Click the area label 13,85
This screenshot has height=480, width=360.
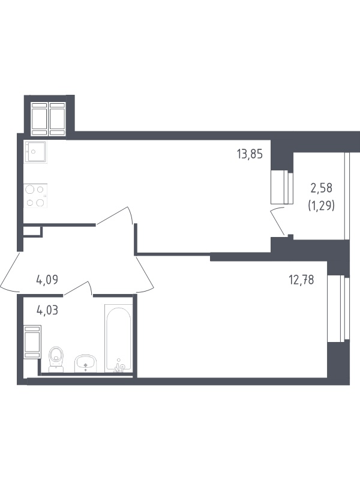tap(250, 154)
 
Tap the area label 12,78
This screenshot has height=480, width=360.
tap(301, 280)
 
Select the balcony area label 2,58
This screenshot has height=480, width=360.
tap(322, 188)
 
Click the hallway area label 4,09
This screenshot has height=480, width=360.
tap(47, 280)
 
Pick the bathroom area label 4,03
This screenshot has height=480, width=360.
tap(47, 310)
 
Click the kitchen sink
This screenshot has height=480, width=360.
tap(35, 152)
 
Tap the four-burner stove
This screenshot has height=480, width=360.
tap(35, 196)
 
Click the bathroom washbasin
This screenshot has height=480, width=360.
tap(86, 364)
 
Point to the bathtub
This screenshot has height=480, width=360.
tap(119, 338)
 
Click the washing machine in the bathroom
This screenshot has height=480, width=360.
tap(32, 342)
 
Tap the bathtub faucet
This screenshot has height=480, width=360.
tap(119, 367)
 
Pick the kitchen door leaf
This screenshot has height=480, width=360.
tap(112, 216)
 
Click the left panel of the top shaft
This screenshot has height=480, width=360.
tap(40, 119)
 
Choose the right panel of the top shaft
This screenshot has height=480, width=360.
tap(57, 119)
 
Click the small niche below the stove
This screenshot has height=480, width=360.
tap(32, 231)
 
